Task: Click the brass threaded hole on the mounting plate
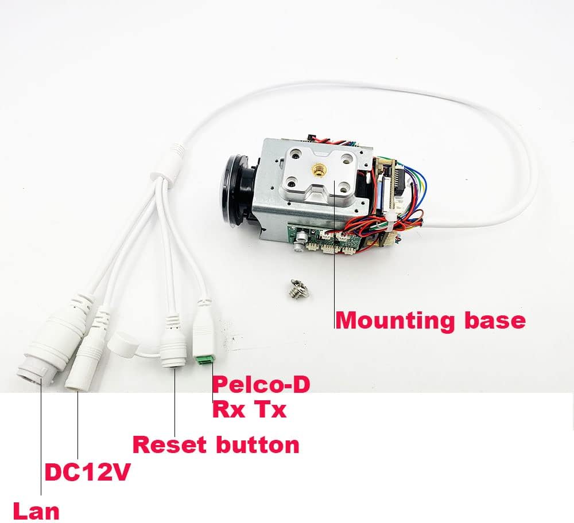coord(316,170)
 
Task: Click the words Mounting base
coord(430,320)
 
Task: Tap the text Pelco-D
coord(261,385)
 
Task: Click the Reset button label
coord(216,444)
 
